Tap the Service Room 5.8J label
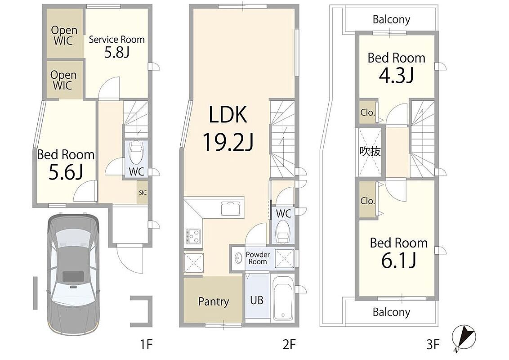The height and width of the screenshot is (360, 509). coord(117,46)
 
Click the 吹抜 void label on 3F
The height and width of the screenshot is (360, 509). coord(370,151)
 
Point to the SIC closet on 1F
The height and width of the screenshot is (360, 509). coord(143,192)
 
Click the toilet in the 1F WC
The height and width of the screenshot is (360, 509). coord(136,151)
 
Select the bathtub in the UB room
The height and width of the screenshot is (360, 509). coord(283,297)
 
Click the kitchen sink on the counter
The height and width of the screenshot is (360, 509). coord(231,209)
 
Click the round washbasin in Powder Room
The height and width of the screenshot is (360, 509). coord(239,258)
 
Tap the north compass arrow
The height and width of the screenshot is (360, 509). coord(464,338)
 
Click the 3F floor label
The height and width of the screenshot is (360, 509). coord(433,344)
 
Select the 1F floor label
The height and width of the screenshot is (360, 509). coord(147,344)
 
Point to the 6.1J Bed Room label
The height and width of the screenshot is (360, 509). coord(399,252)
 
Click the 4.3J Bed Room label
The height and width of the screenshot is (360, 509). coord(396,67)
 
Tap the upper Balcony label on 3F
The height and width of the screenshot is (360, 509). coord(391,19)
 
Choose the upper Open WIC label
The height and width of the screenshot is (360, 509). coord(64,36)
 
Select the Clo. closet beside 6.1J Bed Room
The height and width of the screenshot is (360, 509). coord(367,200)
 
